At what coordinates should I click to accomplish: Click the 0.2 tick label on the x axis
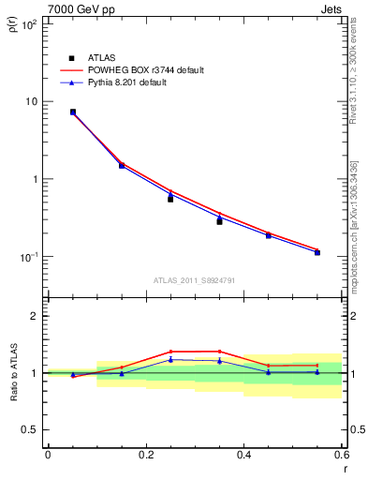pos(145,455)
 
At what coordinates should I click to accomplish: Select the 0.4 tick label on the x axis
pos(243,455)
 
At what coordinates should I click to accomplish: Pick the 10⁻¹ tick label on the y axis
pos(29,256)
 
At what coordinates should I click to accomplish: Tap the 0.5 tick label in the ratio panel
pos(32,430)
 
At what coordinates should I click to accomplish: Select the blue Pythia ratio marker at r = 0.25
pos(170,359)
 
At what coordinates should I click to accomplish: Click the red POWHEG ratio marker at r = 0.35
pos(219,352)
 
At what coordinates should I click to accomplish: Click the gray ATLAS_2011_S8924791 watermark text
pos(194,279)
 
